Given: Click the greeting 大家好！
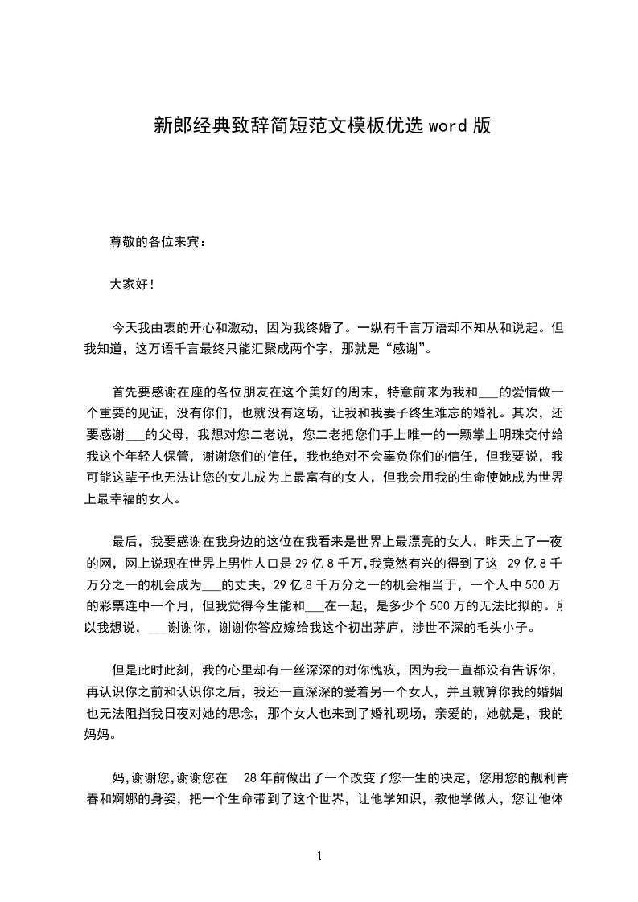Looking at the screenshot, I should [133, 285].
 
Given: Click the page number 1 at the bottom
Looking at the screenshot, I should [319, 856].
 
